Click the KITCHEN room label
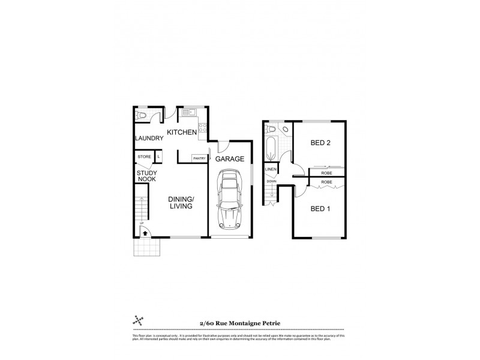[182, 132]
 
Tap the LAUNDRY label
[149, 139]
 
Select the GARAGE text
[230, 159]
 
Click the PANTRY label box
[199, 158]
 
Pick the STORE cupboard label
[145, 157]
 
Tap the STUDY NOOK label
[146, 176]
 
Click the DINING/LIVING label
[180, 202]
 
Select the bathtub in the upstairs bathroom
[271, 149]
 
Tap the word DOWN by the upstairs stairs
[271, 181]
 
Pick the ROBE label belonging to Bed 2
[327, 173]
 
